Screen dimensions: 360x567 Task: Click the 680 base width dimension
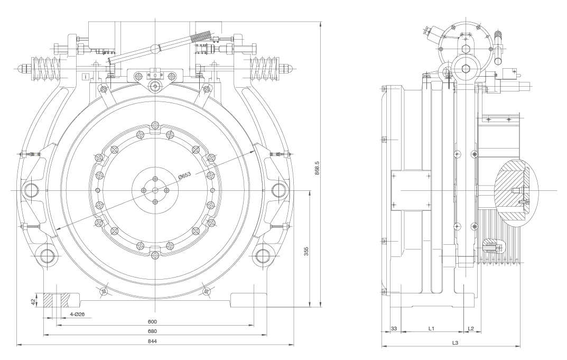pyautogui.click(x=153, y=331)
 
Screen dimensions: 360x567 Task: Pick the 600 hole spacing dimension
pyautogui.click(x=153, y=321)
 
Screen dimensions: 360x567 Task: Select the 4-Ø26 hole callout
pyautogui.click(x=78, y=314)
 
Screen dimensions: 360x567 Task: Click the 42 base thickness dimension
pyautogui.click(x=33, y=301)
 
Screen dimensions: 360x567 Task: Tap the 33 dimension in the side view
pyautogui.click(x=393, y=329)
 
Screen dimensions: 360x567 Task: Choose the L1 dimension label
pyautogui.click(x=431, y=329)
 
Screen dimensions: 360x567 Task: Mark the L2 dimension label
pyautogui.click(x=471, y=329)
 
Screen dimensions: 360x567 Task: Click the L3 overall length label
pyautogui.click(x=455, y=343)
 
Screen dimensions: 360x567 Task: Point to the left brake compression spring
pyautogui.click(x=44, y=69)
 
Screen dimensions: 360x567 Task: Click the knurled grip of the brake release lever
pyautogui.click(x=203, y=37)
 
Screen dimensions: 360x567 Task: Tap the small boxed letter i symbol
pyautogui.click(x=86, y=77)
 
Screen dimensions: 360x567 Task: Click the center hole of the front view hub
pyautogui.click(x=155, y=190)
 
